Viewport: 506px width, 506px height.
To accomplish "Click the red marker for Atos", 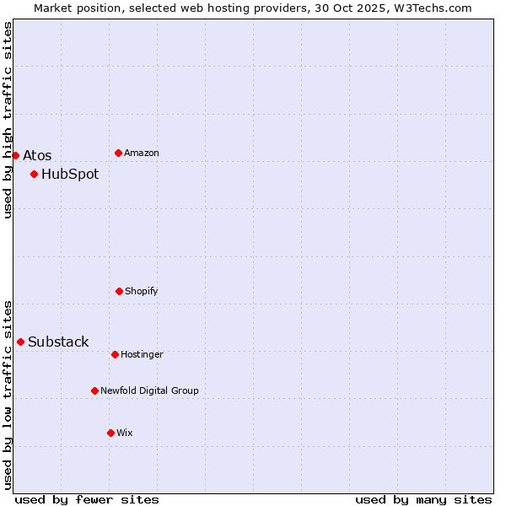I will tap(15, 155).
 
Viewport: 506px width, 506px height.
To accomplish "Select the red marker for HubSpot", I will tap(34, 175).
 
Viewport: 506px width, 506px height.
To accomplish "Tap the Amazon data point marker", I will tap(119, 153).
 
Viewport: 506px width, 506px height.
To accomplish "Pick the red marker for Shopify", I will tap(119, 291).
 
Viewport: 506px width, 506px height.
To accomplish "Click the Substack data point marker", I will tap(20, 342).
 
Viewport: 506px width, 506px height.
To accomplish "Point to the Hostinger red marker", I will tap(115, 354).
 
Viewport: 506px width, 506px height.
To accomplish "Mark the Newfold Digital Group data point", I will tap(94, 390).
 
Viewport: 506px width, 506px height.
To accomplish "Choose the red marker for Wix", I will tap(110, 433).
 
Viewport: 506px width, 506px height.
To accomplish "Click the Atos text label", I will tap(37, 155).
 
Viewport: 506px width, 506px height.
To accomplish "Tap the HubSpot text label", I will tap(70, 175).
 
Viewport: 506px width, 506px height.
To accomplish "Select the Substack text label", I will tap(58, 342).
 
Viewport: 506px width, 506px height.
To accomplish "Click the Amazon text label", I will tap(142, 153).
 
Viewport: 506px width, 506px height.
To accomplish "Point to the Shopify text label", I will tap(142, 291).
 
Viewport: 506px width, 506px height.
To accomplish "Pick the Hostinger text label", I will tap(142, 354).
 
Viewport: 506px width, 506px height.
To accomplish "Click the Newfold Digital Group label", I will tap(150, 390).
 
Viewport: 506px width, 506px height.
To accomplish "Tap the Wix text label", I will tap(125, 433).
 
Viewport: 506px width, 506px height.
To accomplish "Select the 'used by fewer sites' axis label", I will tap(87, 499).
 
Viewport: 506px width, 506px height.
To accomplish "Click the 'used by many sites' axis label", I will tap(423, 499).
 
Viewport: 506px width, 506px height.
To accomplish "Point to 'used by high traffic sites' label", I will tap(8, 120).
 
